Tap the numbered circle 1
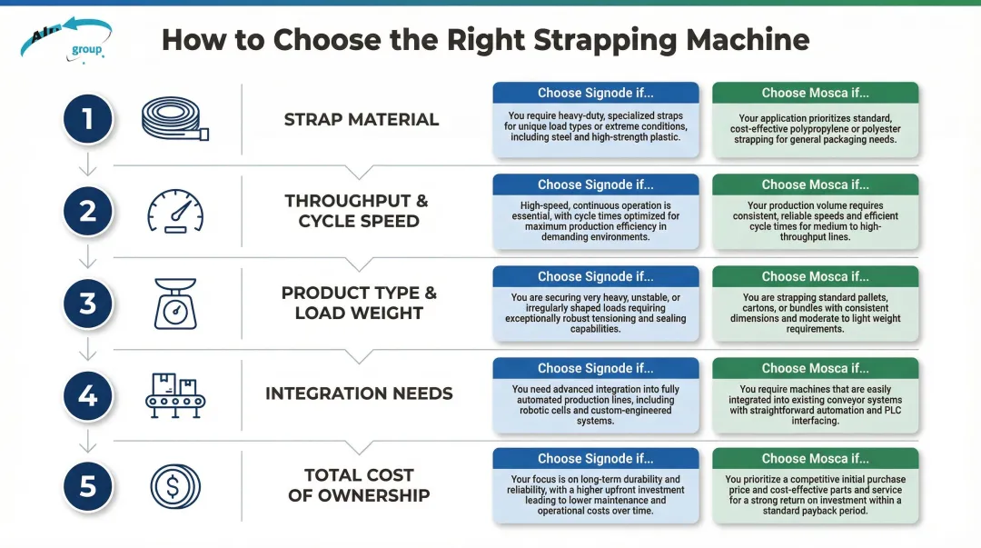pyautogui.click(x=88, y=119)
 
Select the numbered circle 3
pyautogui.click(x=88, y=303)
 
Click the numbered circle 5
pyautogui.click(x=88, y=486)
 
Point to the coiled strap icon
pyautogui.click(x=175, y=120)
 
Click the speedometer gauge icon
pyautogui.click(x=175, y=211)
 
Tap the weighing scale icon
pyautogui.click(x=175, y=303)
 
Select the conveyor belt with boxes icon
pyautogui.click(x=175, y=394)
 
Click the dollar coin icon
pyautogui.click(x=175, y=486)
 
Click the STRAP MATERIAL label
pyautogui.click(x=361, y=120)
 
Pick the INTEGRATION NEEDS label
pyautogui.click(x=359, y=394)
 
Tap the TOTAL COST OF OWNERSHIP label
pyautogui.click(x=359, y=485)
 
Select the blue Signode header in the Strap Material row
pyautogui.click(x=595, y=93)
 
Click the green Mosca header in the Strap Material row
pyautogui.click(x=815, y=93)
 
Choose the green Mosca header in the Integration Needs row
pyautogui.click(x=815, y=368)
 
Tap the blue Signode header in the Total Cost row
pyautogui.click(x=595, y=458)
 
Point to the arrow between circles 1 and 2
pyautogui.click(x=88, y=164)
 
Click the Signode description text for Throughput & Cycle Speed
pyautogui.click(x=595, y=222)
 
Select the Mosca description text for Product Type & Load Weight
pyautogui.click(x=815, y=314)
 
